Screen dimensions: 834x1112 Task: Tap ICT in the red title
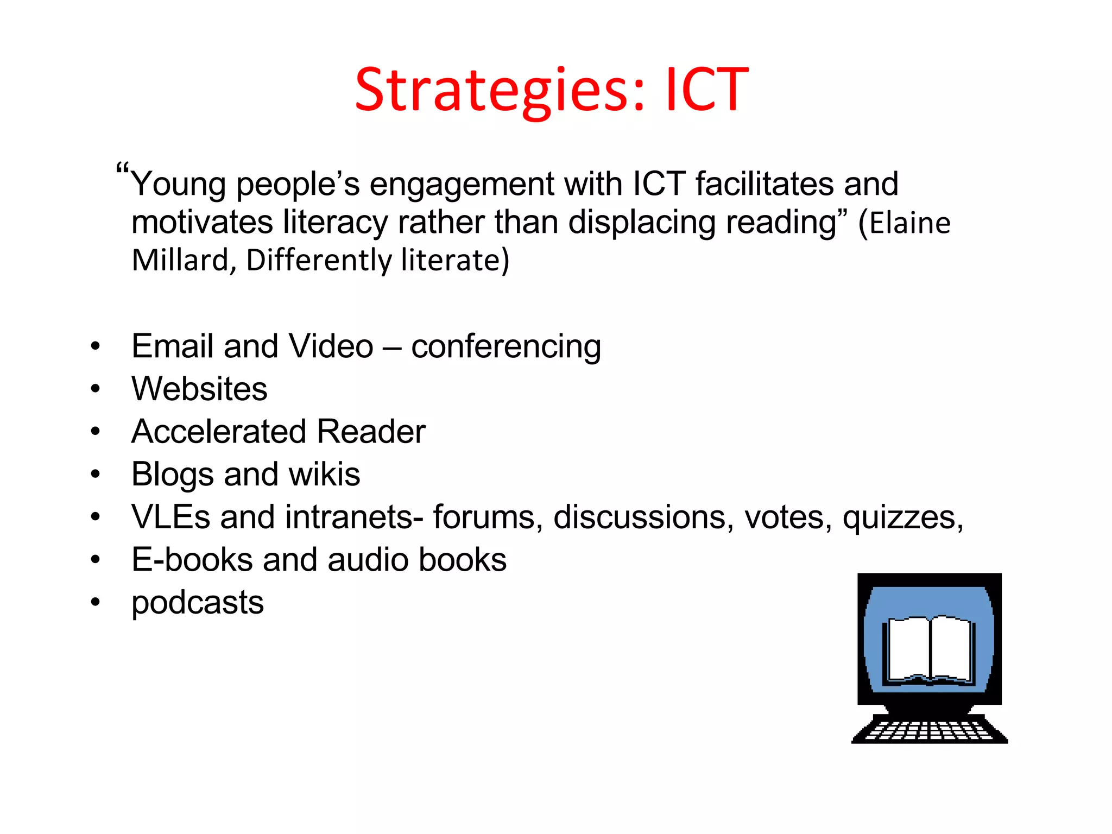707,90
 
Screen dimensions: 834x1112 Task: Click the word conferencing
506,347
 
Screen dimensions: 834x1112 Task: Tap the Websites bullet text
199,389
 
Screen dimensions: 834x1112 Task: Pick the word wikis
325,475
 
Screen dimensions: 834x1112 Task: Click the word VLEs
170,517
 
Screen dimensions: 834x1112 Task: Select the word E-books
192,560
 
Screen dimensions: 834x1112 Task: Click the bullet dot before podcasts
96,602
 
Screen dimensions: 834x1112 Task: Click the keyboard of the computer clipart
930,730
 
